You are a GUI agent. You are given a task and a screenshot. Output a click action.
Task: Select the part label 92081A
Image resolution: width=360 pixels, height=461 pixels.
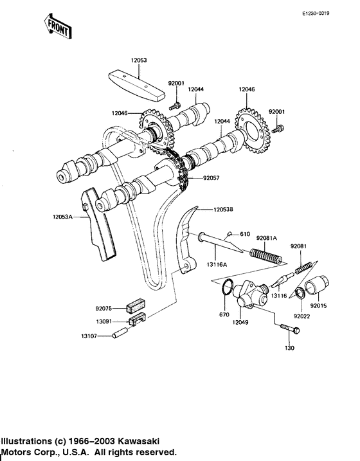coord(267,239)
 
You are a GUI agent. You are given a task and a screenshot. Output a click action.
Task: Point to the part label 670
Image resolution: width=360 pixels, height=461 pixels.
coord(224,315)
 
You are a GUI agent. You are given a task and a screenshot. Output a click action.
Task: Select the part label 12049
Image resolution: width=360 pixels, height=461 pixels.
coord(242,321)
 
